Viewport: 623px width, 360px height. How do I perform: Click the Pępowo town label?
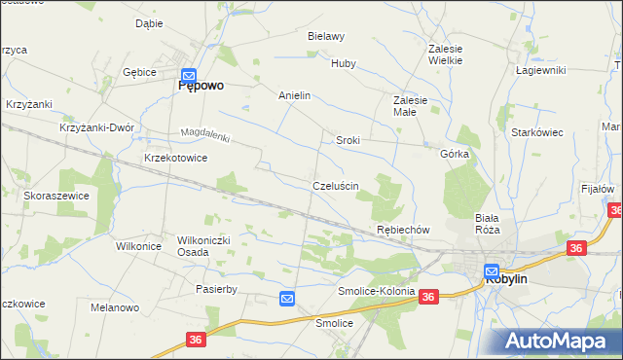pos(201,86)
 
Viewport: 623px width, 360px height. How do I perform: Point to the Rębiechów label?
pos(403,230)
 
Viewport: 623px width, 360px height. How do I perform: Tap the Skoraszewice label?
pos(56,196)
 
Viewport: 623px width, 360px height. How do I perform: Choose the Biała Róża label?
pos(487,224)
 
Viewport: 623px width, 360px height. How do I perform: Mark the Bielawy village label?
pos(326,36)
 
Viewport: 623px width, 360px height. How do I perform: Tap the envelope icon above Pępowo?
pos(190,74)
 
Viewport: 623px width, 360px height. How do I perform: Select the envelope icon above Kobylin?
pos(492,271)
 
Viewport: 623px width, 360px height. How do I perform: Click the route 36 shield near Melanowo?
pos(196,340)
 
